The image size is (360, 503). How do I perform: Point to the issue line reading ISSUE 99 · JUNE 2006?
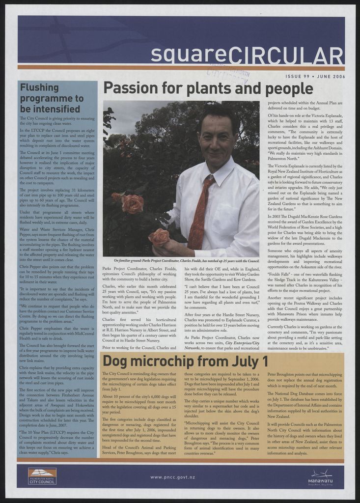point(315,77)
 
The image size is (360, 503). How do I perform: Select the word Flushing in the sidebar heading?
point(39,87)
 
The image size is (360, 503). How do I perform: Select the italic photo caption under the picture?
point(186,260)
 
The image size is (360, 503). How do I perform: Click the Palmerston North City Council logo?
point(42,476)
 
